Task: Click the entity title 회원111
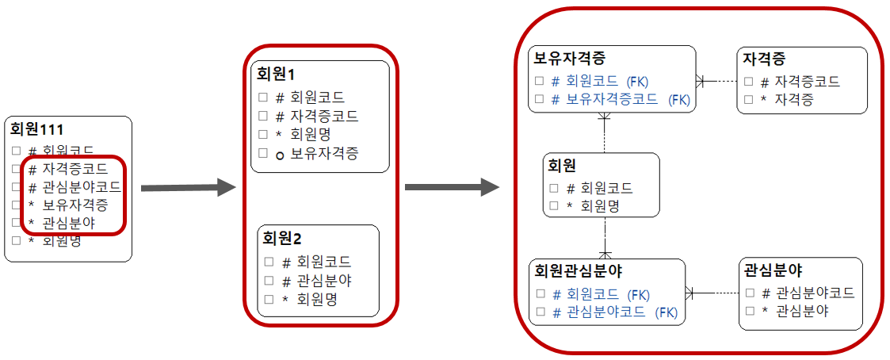click(x=36, y=129)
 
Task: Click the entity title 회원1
click(x=275, y=74)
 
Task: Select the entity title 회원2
click(x=281, y=238)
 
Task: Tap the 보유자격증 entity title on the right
click(x=570, y=59)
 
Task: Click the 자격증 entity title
click(x=764, y=59)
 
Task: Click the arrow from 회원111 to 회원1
click(x=188, y=188)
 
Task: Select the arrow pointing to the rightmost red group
click(x=451, y=188)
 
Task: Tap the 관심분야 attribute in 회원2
click(x=324, y=280)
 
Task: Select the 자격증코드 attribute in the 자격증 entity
click(x=806, y=81)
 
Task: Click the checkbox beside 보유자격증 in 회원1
click(x=262, y=153)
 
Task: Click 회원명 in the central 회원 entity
click(x=600, y=206)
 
